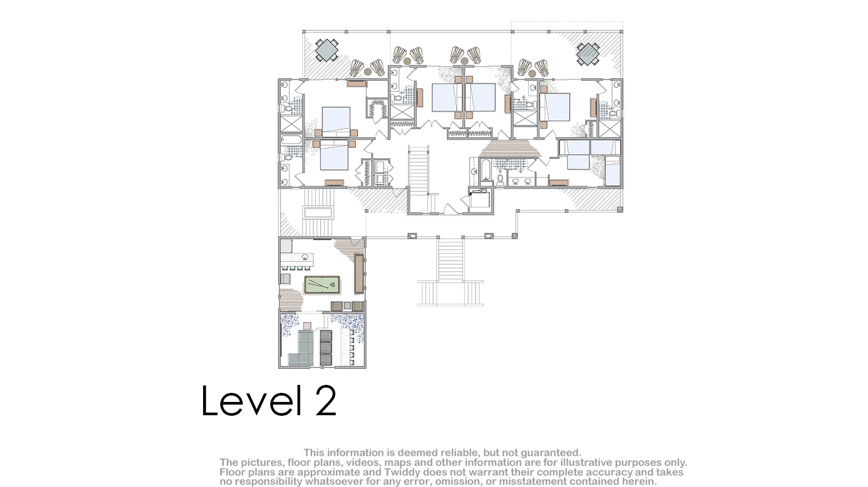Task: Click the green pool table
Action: [322, 285]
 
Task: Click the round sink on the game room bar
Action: [305, 256]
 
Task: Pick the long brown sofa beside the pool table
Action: [359, 274]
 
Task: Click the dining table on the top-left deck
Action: [327, 50]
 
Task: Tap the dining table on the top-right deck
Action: [588, 54]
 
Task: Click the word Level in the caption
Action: [251, 401]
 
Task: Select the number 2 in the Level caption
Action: [325, 401]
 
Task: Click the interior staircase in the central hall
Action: [419, 171]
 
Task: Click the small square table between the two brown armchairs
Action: [347, 306]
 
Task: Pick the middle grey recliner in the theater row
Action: [326, 348]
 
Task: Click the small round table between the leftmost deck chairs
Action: [368, 72]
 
